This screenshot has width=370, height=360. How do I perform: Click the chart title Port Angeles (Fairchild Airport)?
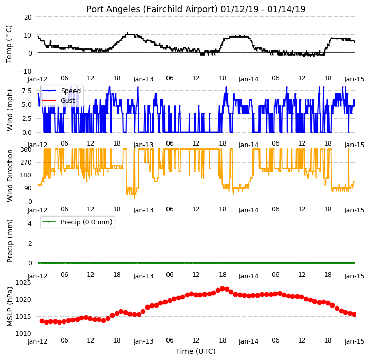(152, 9)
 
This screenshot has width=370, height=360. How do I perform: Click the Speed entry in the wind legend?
(71, 91)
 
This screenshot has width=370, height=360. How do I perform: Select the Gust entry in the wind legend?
(68, 101)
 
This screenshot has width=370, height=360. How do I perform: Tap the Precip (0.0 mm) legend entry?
(86, 222)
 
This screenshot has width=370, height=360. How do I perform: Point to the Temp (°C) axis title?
(9, 44)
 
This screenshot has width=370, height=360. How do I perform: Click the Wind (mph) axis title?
(10, 110)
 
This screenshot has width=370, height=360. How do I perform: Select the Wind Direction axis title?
(10, 175)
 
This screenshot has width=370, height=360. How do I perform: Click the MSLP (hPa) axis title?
(10, 307)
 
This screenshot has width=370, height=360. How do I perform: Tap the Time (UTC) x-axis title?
(196, 351)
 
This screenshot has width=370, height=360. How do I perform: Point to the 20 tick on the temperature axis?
(28, 17)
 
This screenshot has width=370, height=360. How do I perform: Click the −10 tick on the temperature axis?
(25, 71)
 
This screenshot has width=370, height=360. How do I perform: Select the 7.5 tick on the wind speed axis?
(27, 91)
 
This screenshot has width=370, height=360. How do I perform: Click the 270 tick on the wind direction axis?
(26, 163)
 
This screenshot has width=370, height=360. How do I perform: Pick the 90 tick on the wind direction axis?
(28, 188)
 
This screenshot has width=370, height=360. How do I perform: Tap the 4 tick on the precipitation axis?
(30, 223)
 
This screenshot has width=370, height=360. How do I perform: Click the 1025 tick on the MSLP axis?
(23, 283)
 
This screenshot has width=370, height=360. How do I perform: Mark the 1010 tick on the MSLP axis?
(23, 334)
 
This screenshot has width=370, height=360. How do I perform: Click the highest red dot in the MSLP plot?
(223, 289)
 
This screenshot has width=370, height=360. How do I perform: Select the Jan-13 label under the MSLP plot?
(143, 341)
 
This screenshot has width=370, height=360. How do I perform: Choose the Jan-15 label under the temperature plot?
(355, 79)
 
